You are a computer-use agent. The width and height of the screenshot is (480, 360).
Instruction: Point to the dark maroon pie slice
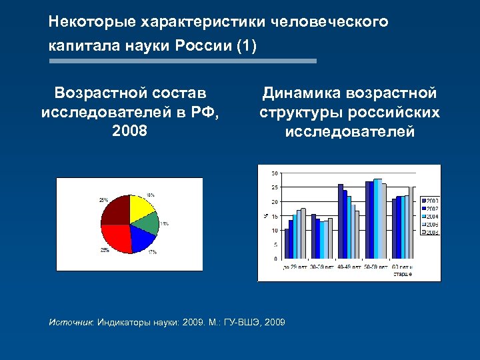pyautogui.click(x=115, y=212)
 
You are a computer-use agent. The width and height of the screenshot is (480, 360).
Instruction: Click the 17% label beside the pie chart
pyautogui.click(x=153, y=253)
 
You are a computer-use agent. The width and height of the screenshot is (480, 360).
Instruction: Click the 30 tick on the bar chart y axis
pyautogui.click(x=275, y=173)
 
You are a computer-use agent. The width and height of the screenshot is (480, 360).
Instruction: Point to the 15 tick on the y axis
pyautogui.click(x=275, y=216)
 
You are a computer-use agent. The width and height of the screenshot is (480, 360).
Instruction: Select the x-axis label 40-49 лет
pyautogui.click(x=348, y=267)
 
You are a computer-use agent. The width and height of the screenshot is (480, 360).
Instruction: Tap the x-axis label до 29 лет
pyautogui.click(x=294, y=267)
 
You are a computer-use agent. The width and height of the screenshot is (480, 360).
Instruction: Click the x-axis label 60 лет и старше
pyautogui.click(x=403, y=269)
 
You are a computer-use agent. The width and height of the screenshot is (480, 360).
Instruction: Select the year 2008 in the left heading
pyautogui.click(x=130, y=130)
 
